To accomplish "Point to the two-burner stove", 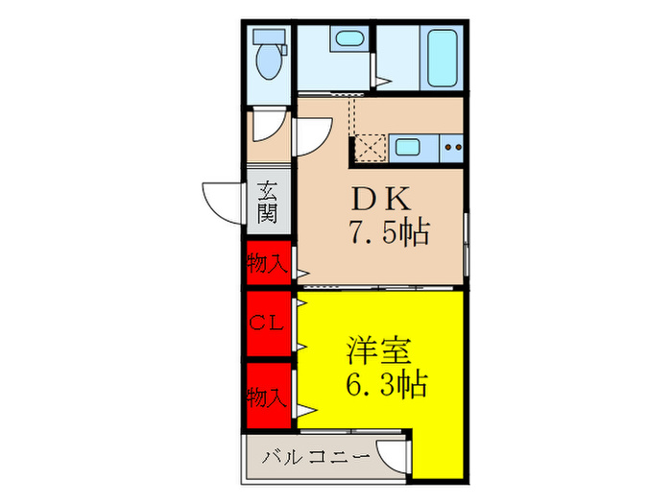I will click(x=451, y=148).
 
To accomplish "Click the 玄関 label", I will click(x=268, y=204).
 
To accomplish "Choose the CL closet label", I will click(x=266, y=324).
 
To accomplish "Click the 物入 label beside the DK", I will click(x=267, y=263).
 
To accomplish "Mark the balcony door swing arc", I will click(x=393, y=452).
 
